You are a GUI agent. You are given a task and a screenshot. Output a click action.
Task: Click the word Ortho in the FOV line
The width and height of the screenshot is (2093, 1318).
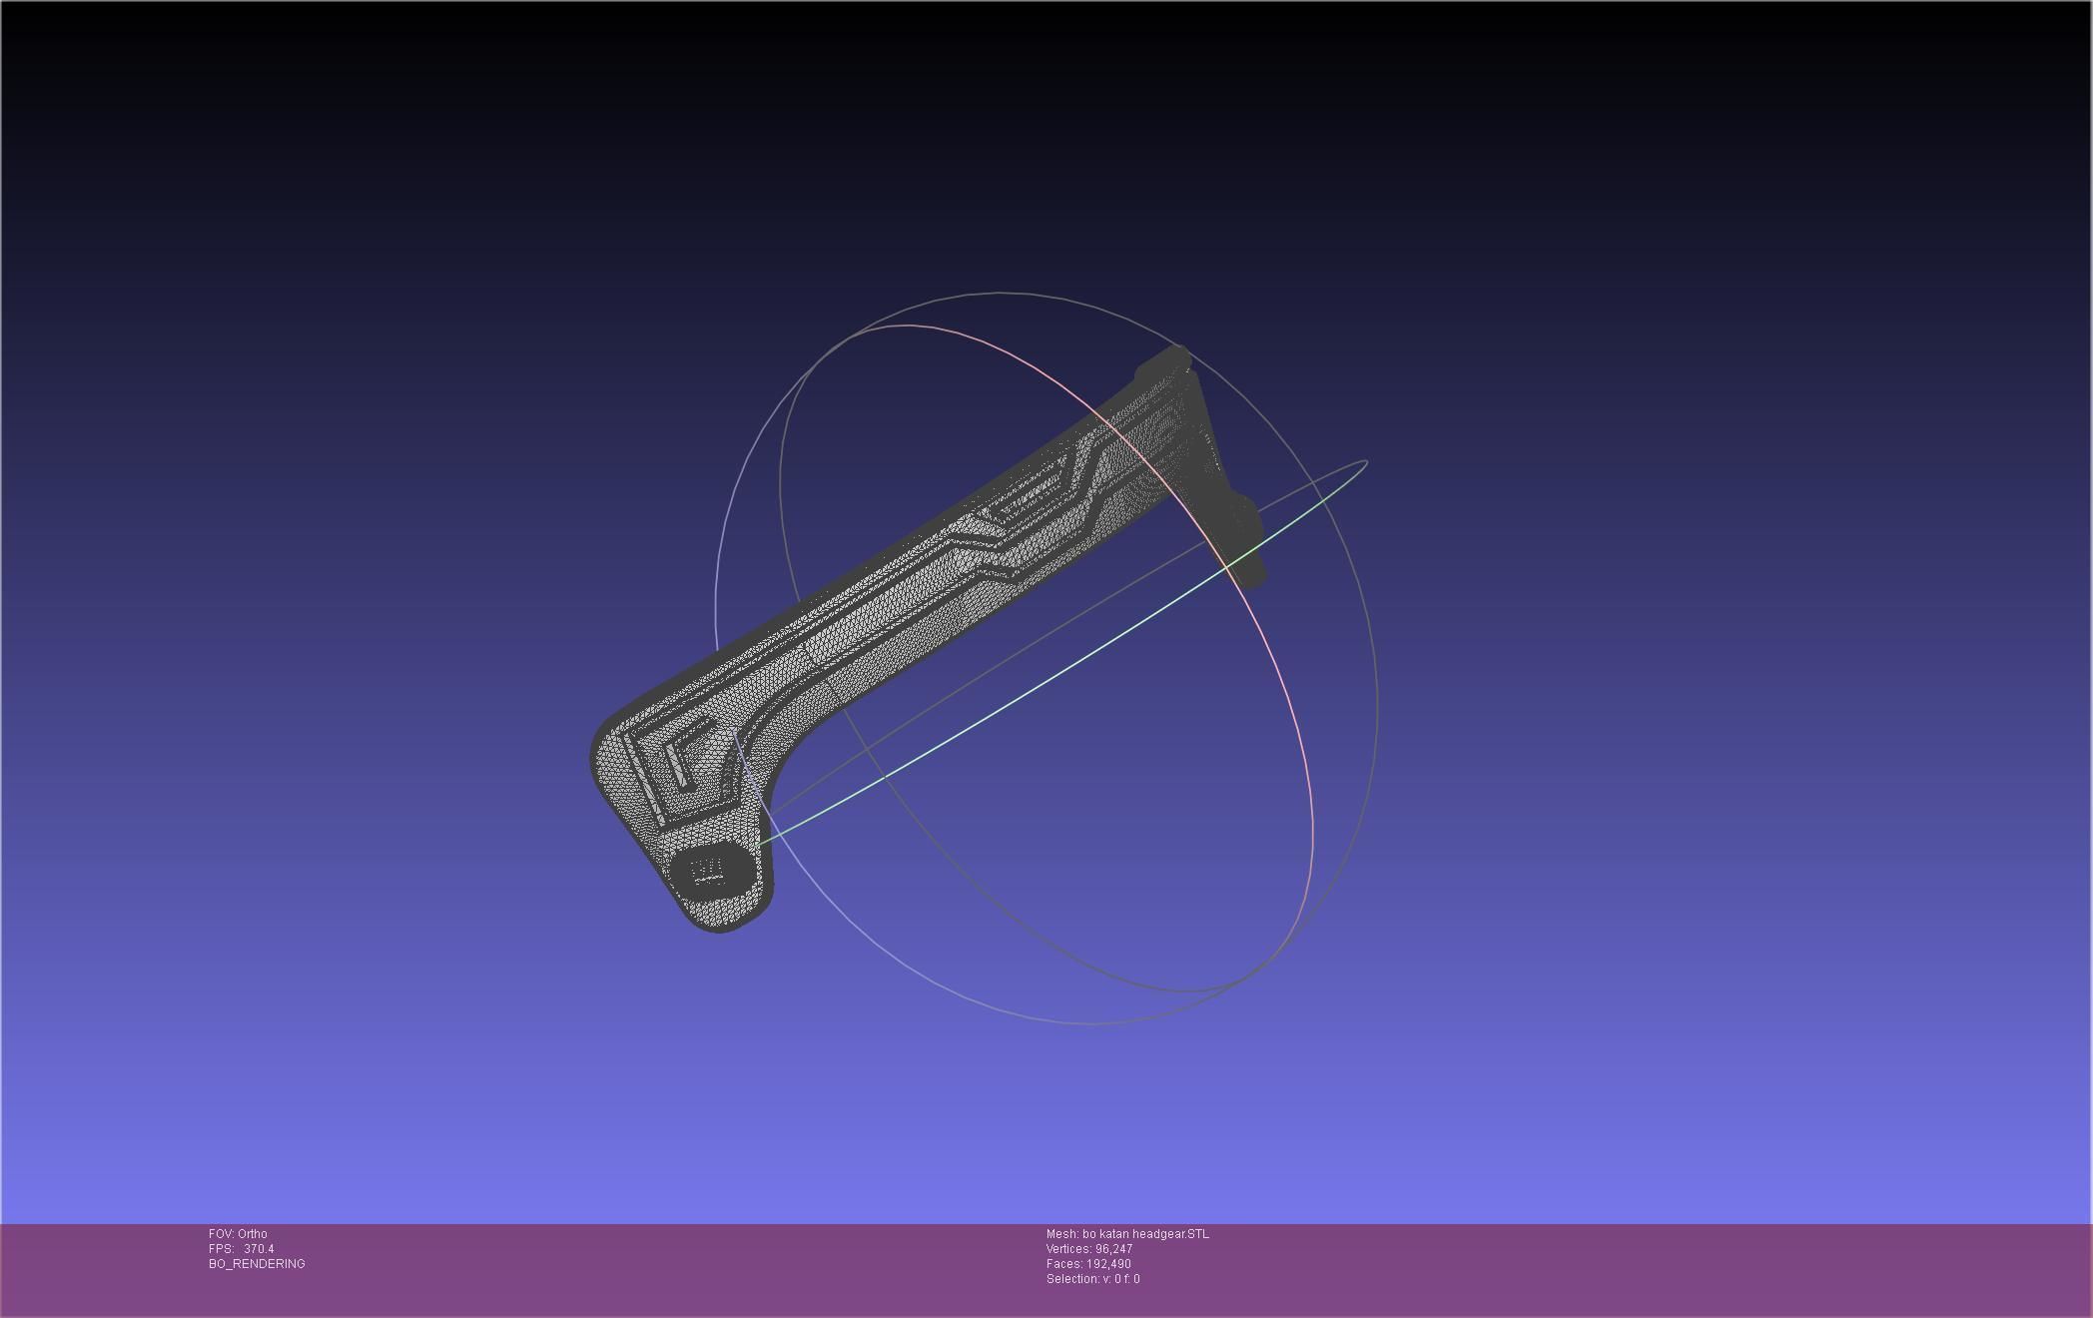pyautogui.click(x=252, y=1234)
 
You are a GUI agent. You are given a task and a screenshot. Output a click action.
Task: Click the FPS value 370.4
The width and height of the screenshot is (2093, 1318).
pyautogui.click(x=259, y=1249)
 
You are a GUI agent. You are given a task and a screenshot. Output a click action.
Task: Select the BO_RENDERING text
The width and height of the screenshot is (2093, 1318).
pyautogui.click(x=257, y=1264)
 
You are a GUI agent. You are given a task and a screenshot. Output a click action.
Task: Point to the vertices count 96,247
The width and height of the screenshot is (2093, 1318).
pyautogui.click(x=1113, y=1249)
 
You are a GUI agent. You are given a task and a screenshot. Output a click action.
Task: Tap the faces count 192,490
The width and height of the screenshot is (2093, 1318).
pyautogui.click(x=1108, y=1264)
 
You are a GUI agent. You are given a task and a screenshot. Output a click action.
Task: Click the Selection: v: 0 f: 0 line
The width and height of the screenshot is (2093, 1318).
pyautogui.click(x=1092, y=1279)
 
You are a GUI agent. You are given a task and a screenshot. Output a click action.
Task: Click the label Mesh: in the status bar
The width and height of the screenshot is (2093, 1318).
pyautogui.click(x=1062, y=1234)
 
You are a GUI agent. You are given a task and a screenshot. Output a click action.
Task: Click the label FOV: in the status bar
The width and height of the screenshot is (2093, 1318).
pyautogui.click(x=222, y=1234)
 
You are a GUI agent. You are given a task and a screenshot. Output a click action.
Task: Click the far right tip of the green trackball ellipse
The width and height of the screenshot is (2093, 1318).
pyautogui.click(x=1365, y=462)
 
